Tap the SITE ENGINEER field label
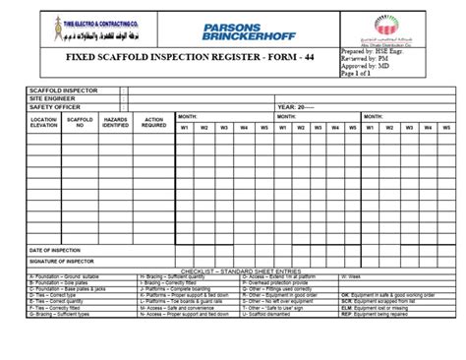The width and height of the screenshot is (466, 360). (50, 97)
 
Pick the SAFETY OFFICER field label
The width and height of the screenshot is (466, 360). (52, 106)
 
